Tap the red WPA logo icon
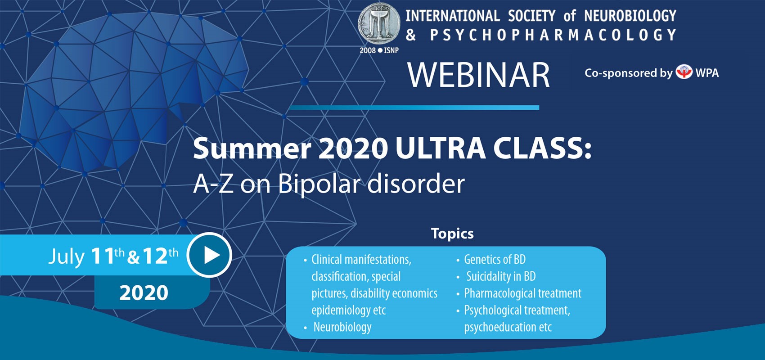click(684, 72)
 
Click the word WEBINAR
click(478, 75)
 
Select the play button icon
click(209, 255)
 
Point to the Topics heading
click(452, 234)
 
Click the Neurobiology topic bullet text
click(342, 327)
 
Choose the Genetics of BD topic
click(495, 260)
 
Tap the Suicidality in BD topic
click(501, 276)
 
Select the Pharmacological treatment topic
click(522, 293)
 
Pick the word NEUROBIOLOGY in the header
click(630, 16)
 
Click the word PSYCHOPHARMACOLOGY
click(553, 35)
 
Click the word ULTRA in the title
click(441, 148)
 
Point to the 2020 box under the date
click(152, 292)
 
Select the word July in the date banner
click(67, 257)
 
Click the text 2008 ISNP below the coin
click(379, 50)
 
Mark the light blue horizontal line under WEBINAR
click(414, 108)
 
